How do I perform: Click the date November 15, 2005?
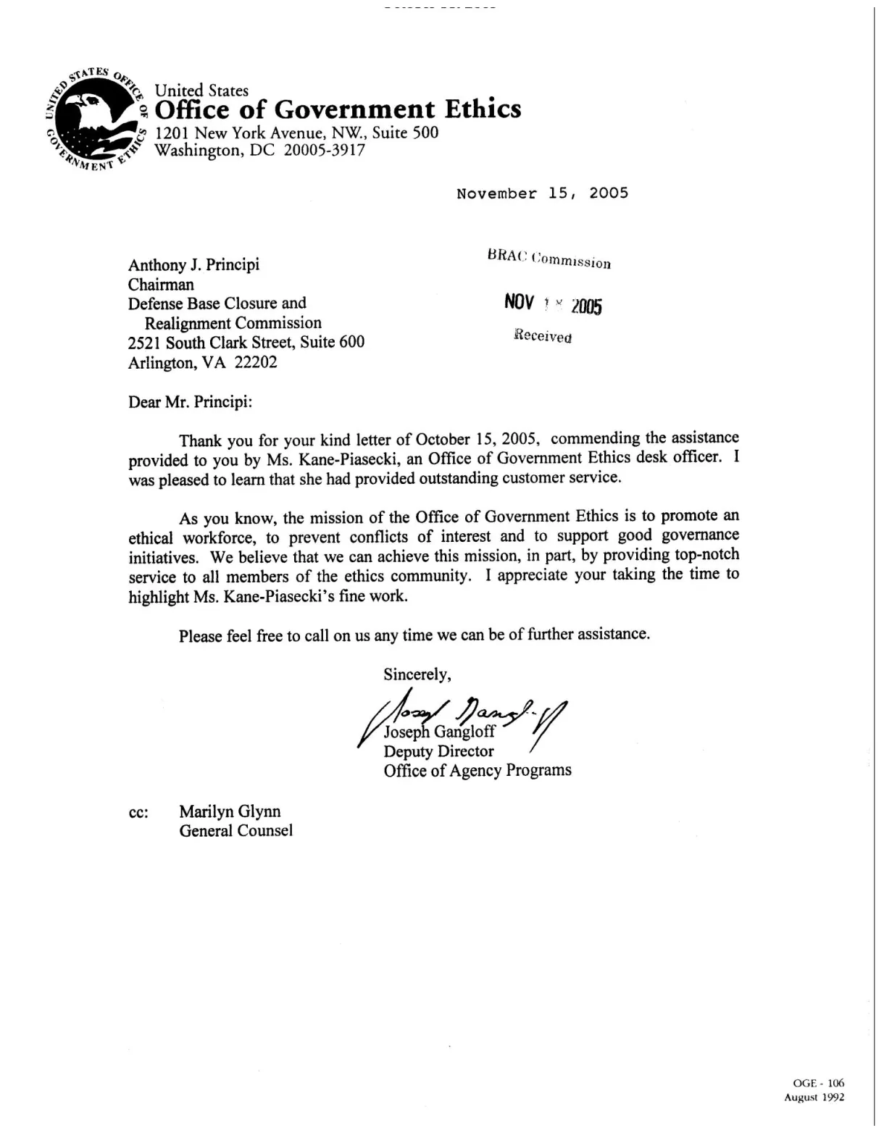tap(542, 193)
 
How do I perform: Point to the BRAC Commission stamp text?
tap(549, 259)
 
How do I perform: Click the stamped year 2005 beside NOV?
tap(586, 306)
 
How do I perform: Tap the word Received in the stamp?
tap(543, 336)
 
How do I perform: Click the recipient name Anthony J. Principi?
tap(193, 264)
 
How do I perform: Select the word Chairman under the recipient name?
tap(161, 284)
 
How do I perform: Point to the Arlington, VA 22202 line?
tap(202, 362)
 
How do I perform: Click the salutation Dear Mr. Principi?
tap(190, 402)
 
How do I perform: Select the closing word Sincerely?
tap(417, 674)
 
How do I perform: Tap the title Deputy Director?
tap(438, 751)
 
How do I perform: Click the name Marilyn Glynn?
tap(230, 811)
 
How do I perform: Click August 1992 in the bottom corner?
tap(814, 1098)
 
